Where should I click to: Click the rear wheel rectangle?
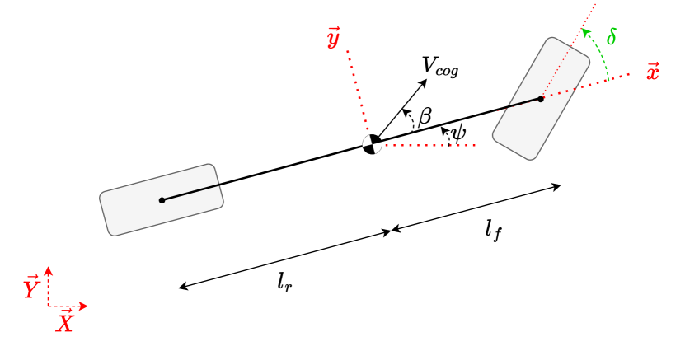[162, 199]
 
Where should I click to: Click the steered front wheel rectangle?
[541, 98]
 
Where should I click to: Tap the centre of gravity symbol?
[373, 144]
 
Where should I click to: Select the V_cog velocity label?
[439, 67]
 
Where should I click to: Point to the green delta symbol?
[611, 37]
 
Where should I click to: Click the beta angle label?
[425, 116]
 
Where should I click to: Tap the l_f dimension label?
[494, 230]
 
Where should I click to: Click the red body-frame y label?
[333, 38]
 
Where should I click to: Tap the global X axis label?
[64, 320]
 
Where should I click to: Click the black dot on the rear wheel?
[162, 199]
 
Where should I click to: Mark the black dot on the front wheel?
[541, 98]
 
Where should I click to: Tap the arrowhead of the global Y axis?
[49, 270]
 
